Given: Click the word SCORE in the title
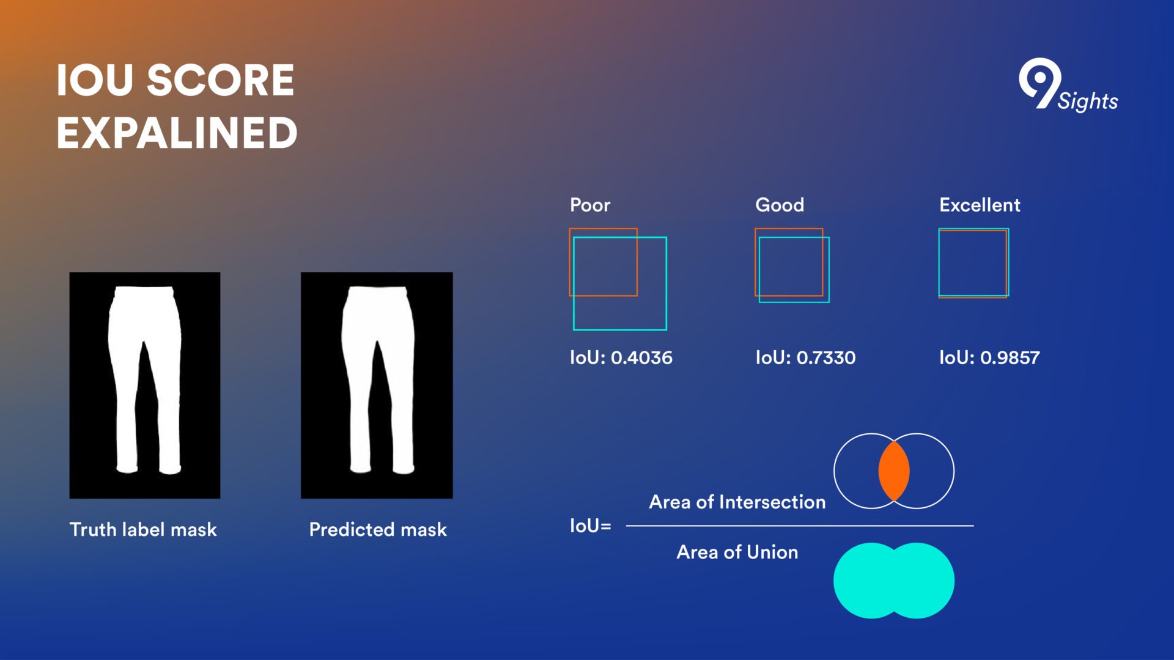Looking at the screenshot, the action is (221, 81).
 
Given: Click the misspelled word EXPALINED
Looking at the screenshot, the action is (177, 133).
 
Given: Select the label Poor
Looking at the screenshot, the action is (590, 205).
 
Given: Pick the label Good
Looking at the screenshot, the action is (780, 205).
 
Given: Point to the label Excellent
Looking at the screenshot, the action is (980, 205).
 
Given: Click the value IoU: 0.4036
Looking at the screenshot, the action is (621, 358).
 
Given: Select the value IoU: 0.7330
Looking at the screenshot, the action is (805, 358).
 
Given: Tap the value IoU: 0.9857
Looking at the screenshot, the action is (989, 358).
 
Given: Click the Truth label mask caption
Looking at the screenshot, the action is (143, 529).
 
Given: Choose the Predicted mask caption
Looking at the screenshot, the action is (378, 529).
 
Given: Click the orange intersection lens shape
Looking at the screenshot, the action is (894, 471).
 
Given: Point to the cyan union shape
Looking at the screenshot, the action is (894, 581).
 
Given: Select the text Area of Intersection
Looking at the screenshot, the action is (737, 502).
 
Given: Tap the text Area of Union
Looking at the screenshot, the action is (737, 552).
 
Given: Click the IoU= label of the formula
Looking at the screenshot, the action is (591, 526).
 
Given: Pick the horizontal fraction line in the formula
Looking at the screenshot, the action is (800, 526).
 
